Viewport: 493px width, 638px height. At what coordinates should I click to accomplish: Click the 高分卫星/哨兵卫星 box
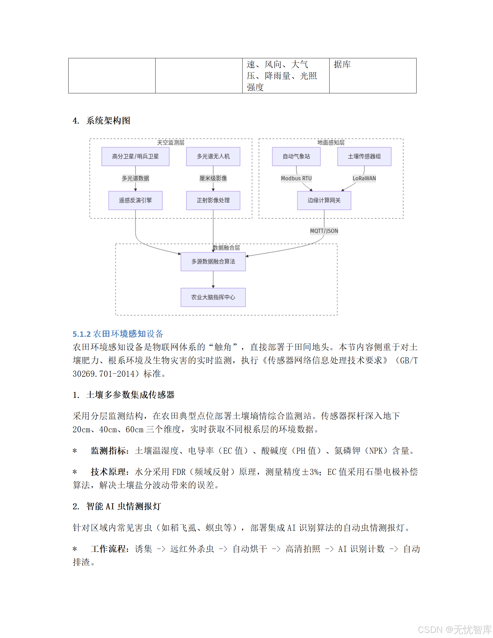135,156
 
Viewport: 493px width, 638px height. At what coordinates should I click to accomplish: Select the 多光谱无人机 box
213,156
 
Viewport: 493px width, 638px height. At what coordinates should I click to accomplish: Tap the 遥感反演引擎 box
135,200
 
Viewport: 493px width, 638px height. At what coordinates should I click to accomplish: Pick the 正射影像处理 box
213,200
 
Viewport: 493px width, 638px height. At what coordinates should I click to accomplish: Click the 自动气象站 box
296,156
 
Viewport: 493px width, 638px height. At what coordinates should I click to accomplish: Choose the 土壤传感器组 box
364,156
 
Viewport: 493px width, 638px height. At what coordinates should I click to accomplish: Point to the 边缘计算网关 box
324,200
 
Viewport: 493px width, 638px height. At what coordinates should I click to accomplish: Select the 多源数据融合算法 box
213,262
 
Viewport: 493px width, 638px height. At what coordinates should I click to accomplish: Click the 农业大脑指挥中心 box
213,297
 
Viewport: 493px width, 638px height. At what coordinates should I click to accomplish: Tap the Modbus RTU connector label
296,178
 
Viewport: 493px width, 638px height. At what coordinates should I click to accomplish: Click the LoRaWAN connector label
364,178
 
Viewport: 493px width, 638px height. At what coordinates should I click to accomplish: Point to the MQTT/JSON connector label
324,231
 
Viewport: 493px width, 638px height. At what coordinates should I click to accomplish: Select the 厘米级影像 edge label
213,178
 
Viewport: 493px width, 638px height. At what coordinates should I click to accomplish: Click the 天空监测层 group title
171,143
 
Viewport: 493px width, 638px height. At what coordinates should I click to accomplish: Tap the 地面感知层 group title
331,143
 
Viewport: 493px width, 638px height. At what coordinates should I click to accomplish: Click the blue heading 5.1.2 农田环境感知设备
118,334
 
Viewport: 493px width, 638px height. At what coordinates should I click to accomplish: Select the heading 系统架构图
108,121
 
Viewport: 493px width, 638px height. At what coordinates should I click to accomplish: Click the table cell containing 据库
372,76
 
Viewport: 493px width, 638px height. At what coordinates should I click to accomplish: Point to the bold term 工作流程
108,549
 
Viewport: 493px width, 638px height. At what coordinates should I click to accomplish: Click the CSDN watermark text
455,630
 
